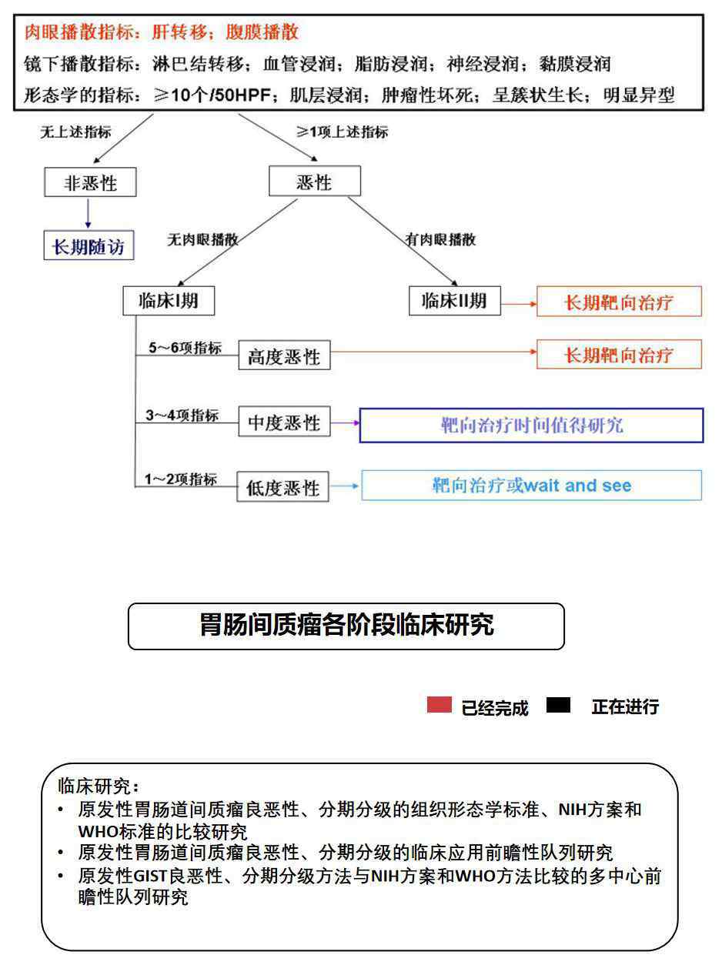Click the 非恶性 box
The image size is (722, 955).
(x=90, y=182)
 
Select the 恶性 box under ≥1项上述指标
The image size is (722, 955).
(x=315, y=181)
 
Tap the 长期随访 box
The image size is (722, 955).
(x=89, y=245)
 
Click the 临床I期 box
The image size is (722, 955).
(x=169, y=301)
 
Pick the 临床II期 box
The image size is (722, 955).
(x=455, y=301)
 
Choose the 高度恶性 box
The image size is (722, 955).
(x=284, y=355)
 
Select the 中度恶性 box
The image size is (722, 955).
(x=284, y=421)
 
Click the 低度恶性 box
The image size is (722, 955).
(x=283, y=486)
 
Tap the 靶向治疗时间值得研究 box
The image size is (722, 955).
(x=531, y=425)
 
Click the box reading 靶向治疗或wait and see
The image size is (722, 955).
(x=531, y=485)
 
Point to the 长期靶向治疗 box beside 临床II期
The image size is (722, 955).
(x=619, y=301)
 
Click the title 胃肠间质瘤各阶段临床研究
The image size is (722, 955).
(x=346, y=625)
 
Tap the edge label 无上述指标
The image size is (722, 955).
(x=75, y=132)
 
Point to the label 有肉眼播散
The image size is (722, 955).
(x=440, y=239)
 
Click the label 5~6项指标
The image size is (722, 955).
(x=185, y=348)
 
